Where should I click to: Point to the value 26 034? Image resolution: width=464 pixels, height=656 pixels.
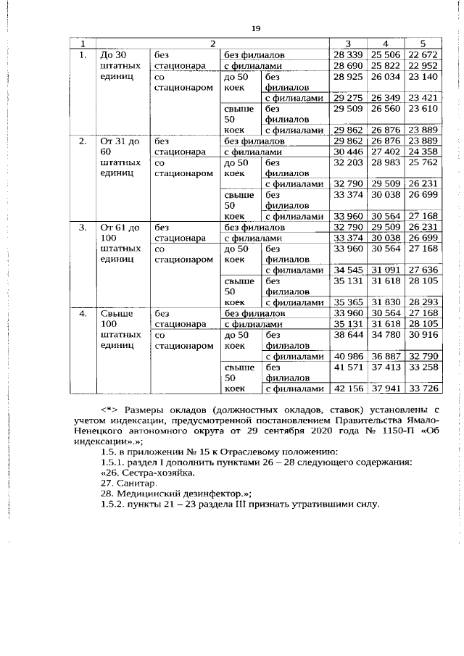(385, 76)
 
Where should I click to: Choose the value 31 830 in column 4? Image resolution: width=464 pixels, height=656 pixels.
(385, 302)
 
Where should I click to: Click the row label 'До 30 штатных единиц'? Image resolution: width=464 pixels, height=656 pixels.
(120, 65)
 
